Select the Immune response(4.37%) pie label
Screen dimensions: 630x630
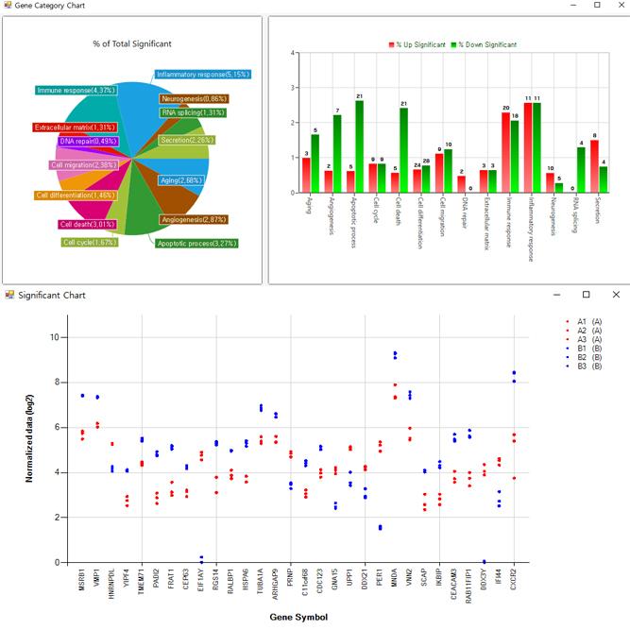(x=76, y=90)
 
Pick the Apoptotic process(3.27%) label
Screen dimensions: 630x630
(x=197, y=243)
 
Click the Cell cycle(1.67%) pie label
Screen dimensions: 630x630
(x=90, y=242)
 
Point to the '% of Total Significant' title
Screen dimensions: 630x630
(x=132, y=43)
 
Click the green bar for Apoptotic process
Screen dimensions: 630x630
(x=360, y=146)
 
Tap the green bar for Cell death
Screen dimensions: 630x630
(x=404, y=150)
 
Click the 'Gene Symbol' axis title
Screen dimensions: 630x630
(x=298, y=617)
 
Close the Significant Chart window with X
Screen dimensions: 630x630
(x=616, y=295)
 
